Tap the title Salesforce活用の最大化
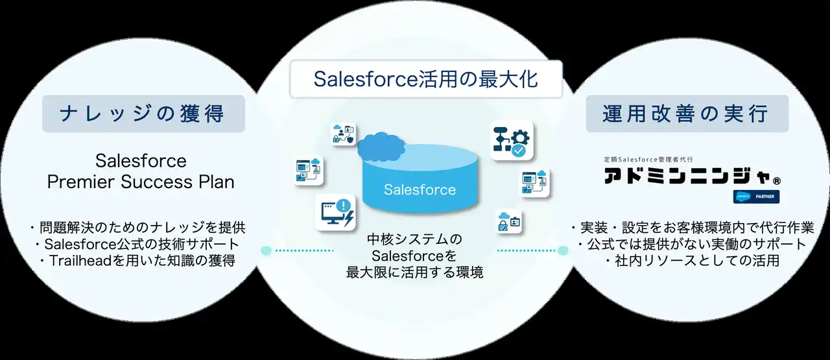[426, 78]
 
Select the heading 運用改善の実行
[687, 114]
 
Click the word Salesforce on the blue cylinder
[420, 190]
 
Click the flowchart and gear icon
[511, 141]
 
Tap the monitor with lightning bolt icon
[335, 211]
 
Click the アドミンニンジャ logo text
[685, 176]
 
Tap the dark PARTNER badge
[756, 197]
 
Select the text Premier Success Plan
[141, 182]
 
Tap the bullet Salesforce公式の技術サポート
[138, 245]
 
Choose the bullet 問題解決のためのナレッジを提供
[138, 228]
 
